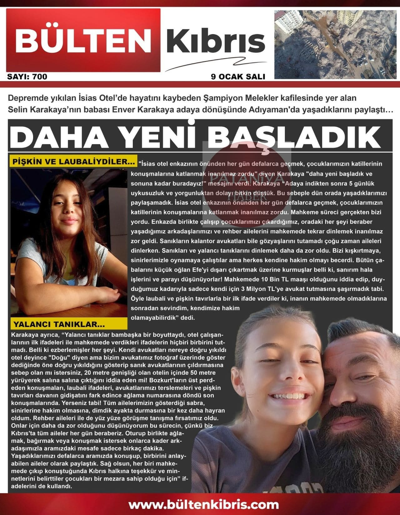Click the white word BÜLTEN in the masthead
[83, 41]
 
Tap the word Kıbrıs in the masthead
[216, 42]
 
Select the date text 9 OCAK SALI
[238, 77]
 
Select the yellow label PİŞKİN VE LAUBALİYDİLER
[73, 162]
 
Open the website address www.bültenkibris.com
[203, 504]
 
